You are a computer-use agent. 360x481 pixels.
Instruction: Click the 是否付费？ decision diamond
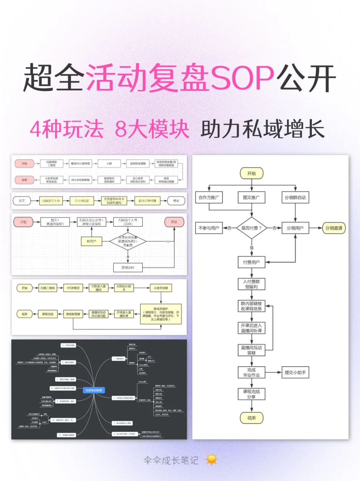point(251,228)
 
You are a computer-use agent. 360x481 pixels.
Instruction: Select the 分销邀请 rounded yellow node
point(334,228)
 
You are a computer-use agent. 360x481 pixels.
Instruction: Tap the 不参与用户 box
point(209,228)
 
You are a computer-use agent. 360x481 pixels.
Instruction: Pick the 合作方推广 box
point(209,197)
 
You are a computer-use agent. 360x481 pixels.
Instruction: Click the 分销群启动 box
point(295,197)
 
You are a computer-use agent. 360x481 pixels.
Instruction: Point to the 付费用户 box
point(251,262)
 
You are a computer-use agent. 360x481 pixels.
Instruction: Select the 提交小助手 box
point(295,372)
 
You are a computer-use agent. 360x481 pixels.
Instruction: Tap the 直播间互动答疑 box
point(251,350)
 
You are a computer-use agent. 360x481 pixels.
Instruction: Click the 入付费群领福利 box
point(251,284)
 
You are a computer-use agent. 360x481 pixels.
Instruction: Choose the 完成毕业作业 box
point(251,372)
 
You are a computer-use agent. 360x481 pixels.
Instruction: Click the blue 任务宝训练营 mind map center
point(94,390)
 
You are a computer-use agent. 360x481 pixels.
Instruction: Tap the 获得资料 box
point(128,267)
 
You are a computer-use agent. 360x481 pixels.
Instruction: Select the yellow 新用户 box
point(91,241)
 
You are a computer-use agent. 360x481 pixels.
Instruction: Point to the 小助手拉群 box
point(161,288)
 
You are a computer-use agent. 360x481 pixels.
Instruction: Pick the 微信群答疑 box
point(73,314)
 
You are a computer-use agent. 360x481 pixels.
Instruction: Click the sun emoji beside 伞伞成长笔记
point(211,460)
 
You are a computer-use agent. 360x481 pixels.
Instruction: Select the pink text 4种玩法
point(67,129)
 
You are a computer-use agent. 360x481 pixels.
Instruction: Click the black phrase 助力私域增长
point(262,129)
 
